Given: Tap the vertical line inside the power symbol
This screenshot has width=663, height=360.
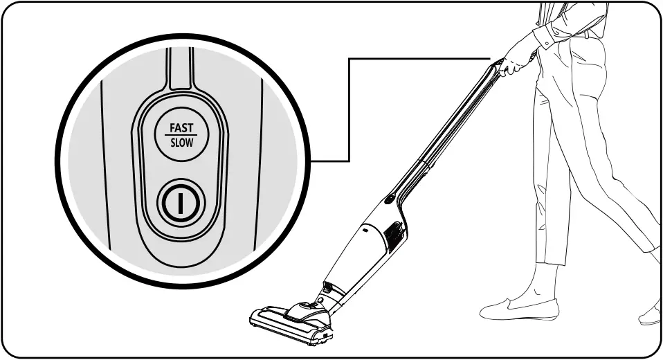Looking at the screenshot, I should pyautogui.click(x=182, y=203).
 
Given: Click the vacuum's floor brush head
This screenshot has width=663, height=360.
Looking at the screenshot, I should pyautogui.click(x=291, y=320).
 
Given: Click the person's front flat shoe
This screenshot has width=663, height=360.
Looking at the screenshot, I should pyautogui.click(x=519, y=309).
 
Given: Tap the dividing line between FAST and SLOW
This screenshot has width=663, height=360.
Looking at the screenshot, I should pyautogui.click(x=182, y=136).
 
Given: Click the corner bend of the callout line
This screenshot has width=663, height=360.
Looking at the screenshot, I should pyautogui.click(x=349, y=59).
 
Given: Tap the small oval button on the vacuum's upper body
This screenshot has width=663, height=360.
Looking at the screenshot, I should pyautogui.click(x=390, y=199).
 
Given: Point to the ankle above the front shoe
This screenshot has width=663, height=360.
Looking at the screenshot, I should pyautogui.click(x=543, y=284).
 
